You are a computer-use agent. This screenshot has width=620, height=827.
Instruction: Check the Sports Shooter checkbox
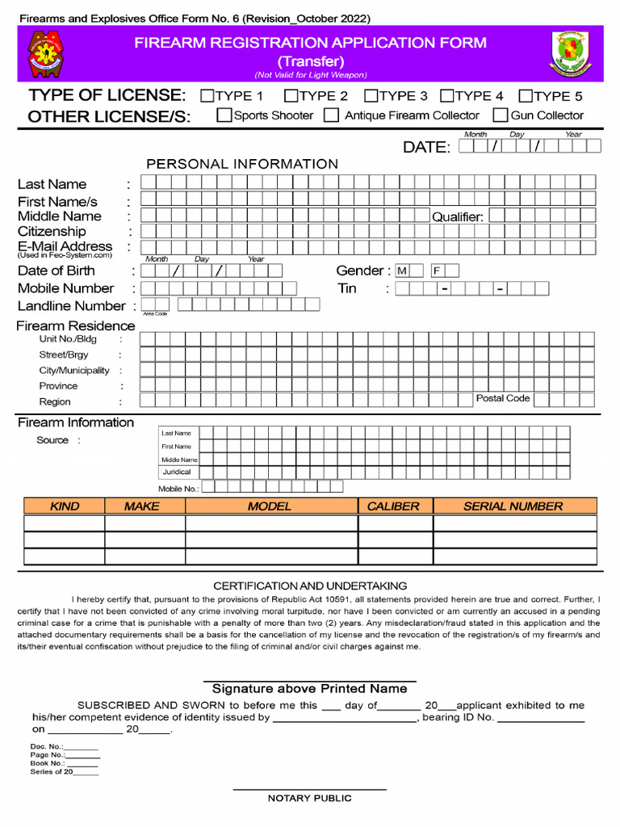click(224, 115)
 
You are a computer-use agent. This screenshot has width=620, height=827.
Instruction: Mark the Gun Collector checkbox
click(501, 115)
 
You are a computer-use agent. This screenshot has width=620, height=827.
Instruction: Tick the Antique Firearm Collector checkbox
click(331, 115)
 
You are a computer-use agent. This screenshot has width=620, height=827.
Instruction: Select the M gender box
click(401, 271)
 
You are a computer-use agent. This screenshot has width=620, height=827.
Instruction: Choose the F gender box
click(437, 271)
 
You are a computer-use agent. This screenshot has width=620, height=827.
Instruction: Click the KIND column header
click(65, 506)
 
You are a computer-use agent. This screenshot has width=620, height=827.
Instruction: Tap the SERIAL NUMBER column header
click(513, 506)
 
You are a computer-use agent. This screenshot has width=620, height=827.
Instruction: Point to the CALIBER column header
click(393, 506)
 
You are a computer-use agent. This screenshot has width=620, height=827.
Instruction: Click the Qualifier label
click(457, 216)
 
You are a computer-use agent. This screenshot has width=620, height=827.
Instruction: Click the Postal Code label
click(503, 398)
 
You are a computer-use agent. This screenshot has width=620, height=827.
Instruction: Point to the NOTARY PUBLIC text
click(309, 798)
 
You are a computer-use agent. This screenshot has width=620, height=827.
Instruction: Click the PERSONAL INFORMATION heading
click(242, 164)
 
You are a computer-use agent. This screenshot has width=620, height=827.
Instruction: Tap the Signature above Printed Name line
click(309, 688)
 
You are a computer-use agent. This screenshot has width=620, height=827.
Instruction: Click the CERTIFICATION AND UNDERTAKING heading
click(310, 586)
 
